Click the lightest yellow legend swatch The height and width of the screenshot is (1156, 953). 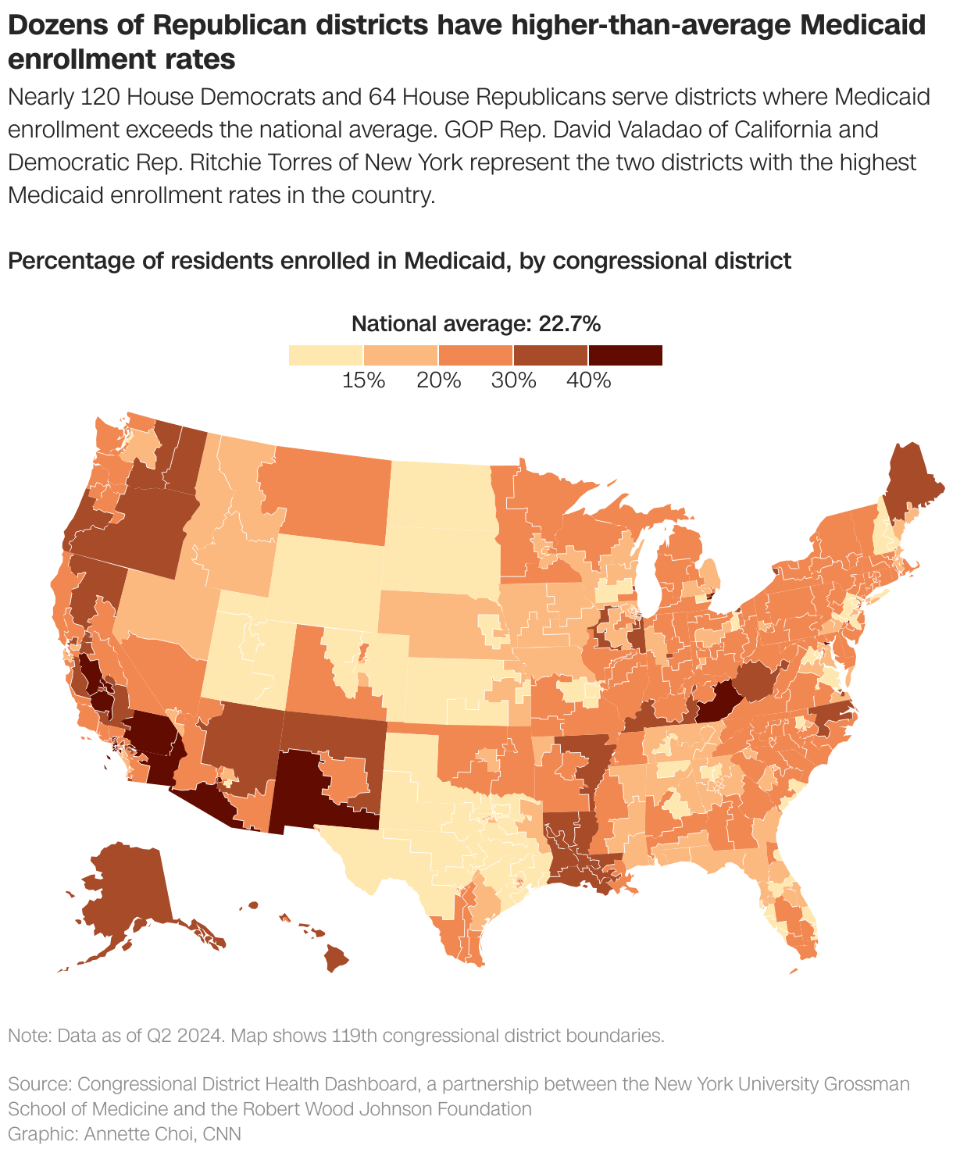point(326,355)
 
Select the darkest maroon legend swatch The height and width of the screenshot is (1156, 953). point(625,355)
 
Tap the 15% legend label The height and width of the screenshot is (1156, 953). point(363,381)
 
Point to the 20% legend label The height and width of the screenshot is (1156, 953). point(438,381)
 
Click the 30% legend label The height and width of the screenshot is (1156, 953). point(513,381)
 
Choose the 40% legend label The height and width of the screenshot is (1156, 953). point(588,381)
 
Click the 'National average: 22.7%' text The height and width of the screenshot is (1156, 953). point(476,324)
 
